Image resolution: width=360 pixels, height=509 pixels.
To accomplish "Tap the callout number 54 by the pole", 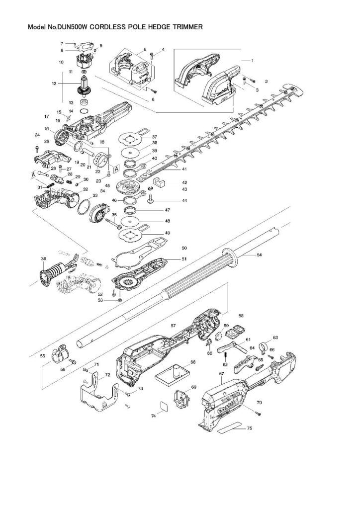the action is [259, 255].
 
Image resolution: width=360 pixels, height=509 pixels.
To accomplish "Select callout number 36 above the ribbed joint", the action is [44, 258].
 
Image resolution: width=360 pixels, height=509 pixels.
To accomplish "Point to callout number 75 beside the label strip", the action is [249, 428].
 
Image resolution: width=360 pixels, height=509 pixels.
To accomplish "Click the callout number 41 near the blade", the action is [184, 169].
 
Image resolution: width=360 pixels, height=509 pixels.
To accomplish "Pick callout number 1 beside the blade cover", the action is [252, 61].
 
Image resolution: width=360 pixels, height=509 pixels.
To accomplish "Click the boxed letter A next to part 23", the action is [116, 169].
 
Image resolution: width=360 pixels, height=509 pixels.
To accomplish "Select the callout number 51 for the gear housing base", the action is [184, 259].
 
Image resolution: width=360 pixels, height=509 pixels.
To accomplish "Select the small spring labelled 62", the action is [225, 358].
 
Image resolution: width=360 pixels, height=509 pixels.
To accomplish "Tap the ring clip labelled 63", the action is [265, 346].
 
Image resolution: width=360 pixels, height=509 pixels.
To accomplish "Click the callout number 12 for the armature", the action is [54, 84].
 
